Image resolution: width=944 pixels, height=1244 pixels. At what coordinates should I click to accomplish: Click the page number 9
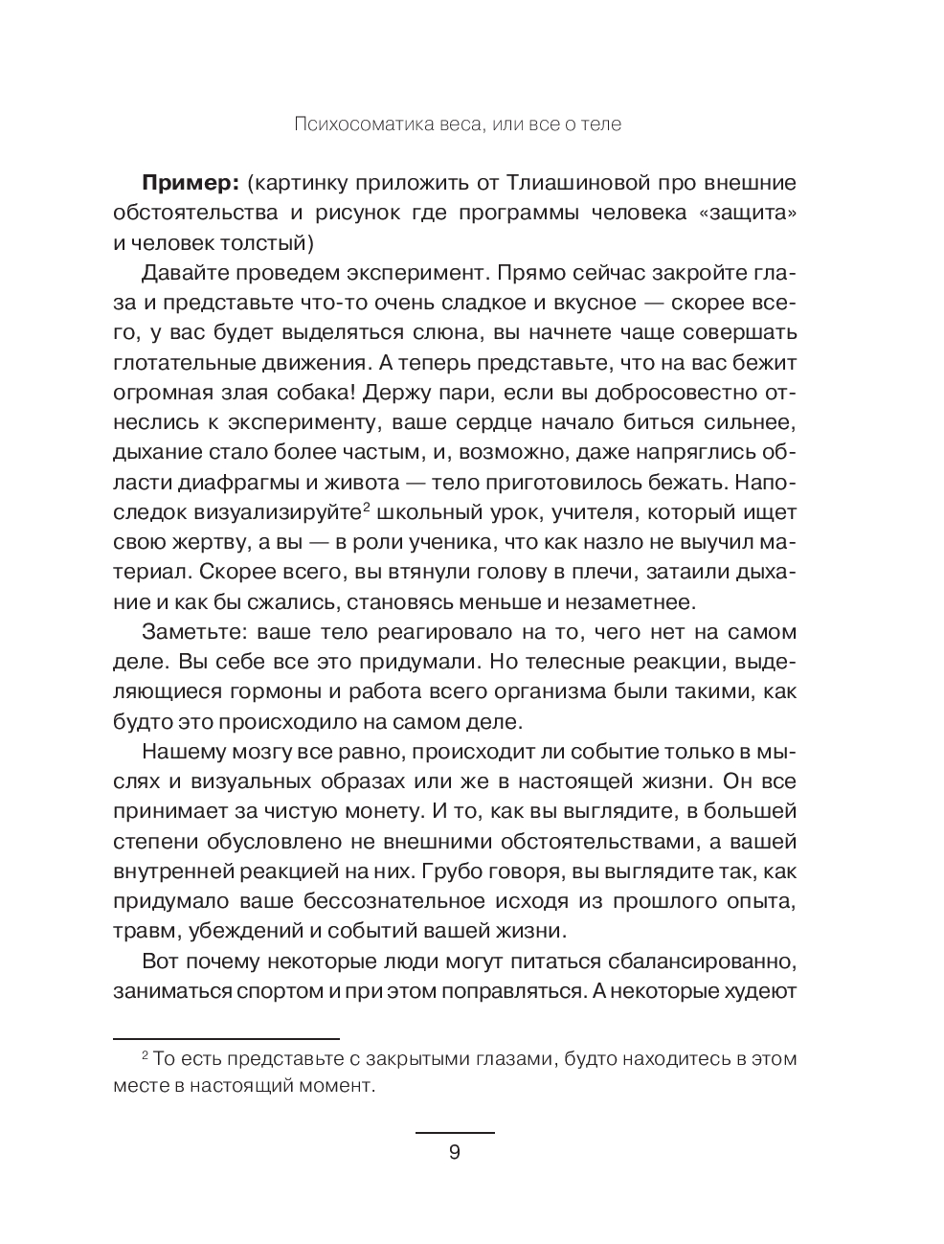pos(455,1152)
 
